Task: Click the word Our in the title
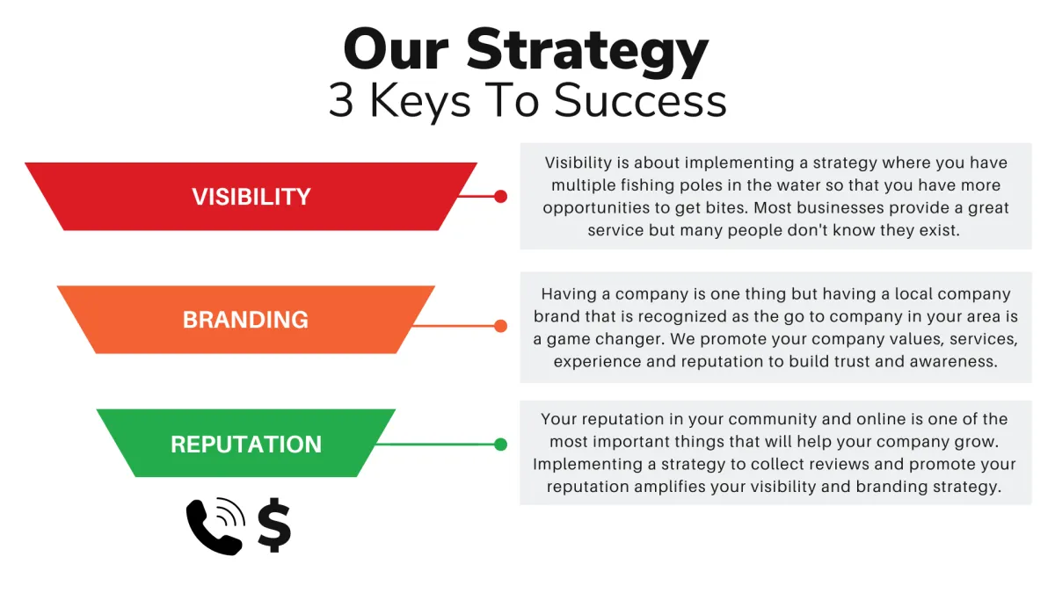[396, 49]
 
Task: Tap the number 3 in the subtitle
[341, 100]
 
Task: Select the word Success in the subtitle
[640, 100]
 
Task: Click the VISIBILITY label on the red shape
[251, 197]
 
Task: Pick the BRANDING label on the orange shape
[245, 320]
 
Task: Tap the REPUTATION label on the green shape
[246, 445]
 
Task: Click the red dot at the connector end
[500, 196]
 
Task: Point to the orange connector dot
[500, 326]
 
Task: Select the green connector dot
[500, 445]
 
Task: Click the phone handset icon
[215, 526]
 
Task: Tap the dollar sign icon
[274, 524]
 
